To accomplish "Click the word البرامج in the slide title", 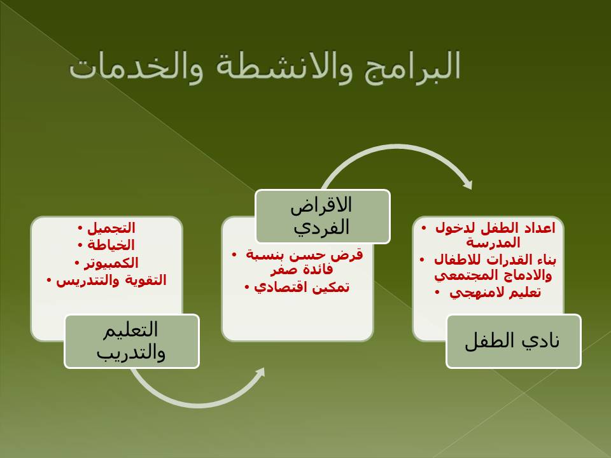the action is [x=412, y=66].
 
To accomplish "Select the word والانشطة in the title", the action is [x=284, y=66].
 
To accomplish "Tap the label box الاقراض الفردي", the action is [x=323, y=216].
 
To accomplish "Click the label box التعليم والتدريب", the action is [x=132, y=341].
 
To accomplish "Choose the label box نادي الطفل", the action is [x=514, y=341].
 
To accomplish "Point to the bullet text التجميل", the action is [x=111, y=228].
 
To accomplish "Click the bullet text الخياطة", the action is [x=111, y=245].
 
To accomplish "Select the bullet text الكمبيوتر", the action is [x=111, y=263].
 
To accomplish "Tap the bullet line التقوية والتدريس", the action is [x=111, y=281].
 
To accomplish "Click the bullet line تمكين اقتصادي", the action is [x=302, y=288].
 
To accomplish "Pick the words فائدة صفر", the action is [x=302, y=270].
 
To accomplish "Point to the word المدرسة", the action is [x=493, y=243].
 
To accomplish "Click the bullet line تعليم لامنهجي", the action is [x=495, y=293].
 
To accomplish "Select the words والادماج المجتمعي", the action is [x=493, y=275].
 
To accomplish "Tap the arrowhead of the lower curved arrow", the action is [x=259, y=375].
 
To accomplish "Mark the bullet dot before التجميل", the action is [x=80, y=228].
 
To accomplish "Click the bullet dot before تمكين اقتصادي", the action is [x=247, y=288].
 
